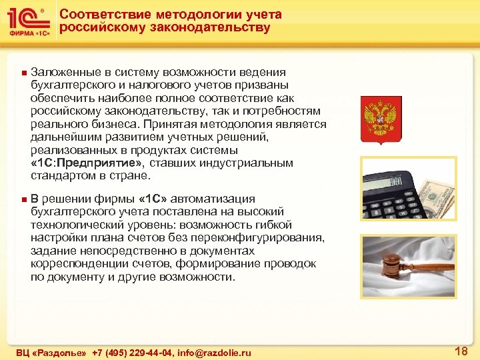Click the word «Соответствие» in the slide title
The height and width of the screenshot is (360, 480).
click(98, 14)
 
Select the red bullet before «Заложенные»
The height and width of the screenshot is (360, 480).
click(23, 72)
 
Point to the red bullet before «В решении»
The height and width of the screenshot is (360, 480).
click(23, 199)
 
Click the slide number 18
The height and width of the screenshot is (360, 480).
click(460, 351)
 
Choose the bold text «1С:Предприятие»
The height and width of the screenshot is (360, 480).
click(87, 163)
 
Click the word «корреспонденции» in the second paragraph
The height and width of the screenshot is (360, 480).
click(74, 264)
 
